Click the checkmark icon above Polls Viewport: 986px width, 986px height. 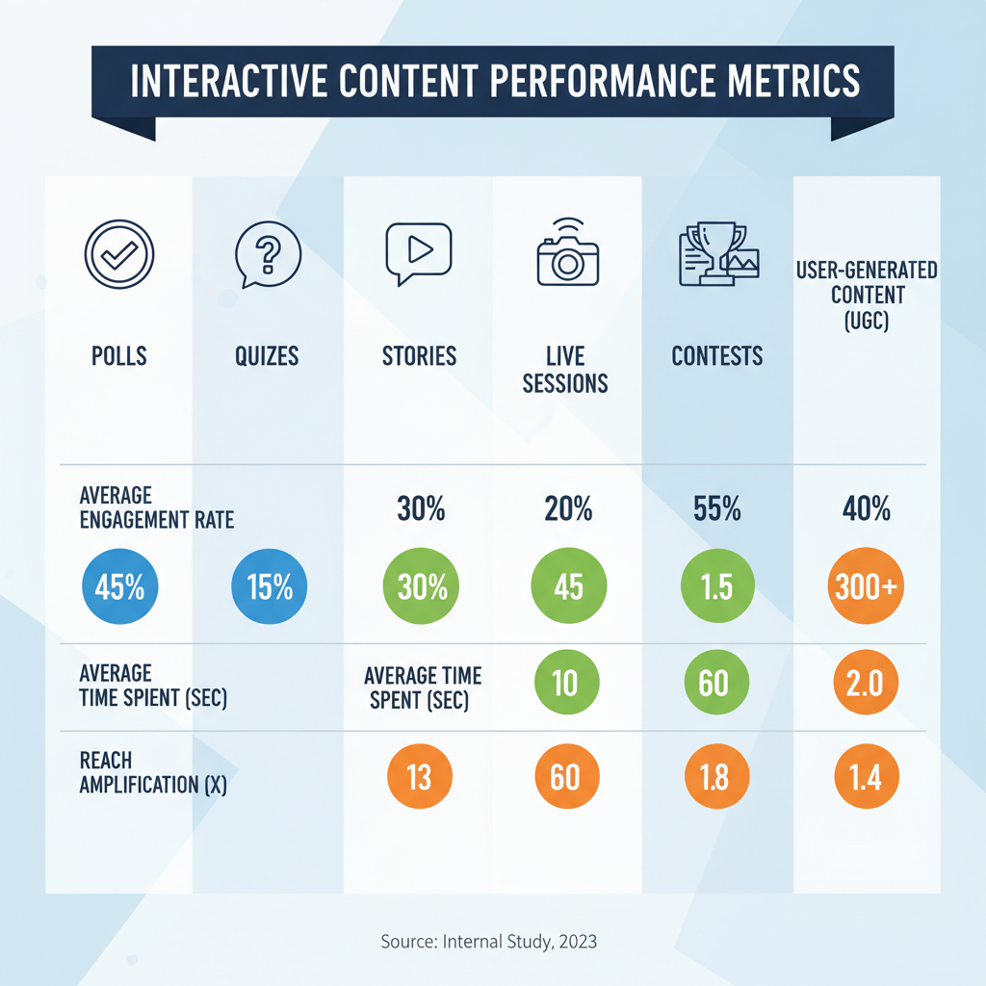tap(119, 255)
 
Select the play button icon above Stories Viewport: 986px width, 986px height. tap(418, 252)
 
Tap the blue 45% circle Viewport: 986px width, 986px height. tap(119, 586)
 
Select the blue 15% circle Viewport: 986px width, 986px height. tap(269, 586)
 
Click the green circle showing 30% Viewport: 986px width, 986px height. tap(422, 586)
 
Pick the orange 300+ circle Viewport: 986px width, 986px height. tap(866, 586)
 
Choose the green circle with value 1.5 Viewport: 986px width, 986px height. tap(716, 586)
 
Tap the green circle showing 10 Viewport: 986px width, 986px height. tap(565, 684)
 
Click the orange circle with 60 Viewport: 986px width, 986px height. tap(565, 776)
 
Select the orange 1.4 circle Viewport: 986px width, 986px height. tap(866, 776)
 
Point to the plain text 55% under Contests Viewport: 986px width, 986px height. tap(716, 510)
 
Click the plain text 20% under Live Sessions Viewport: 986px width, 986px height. tap(567, 510)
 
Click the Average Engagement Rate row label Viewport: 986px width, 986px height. tap(157, 508)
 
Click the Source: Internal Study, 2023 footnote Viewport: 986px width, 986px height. tap(489, 941)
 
